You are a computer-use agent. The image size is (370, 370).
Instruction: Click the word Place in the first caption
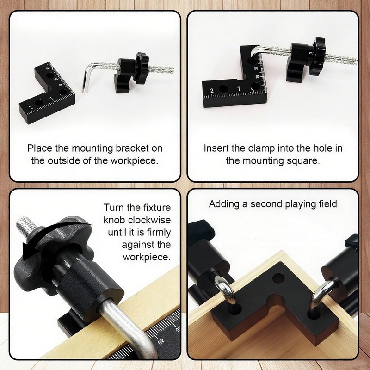(x=39, y=149)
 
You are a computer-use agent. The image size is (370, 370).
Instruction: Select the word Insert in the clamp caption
(x=216, y=149)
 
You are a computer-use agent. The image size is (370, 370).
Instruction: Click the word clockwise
(x=148, y=220)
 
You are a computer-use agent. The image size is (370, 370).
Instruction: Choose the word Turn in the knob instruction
(x=114, y=208)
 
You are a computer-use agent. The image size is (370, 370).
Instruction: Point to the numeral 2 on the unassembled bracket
(x=31, y=108)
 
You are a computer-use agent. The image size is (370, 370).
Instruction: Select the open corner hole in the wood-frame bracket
(x=278, y=278)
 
